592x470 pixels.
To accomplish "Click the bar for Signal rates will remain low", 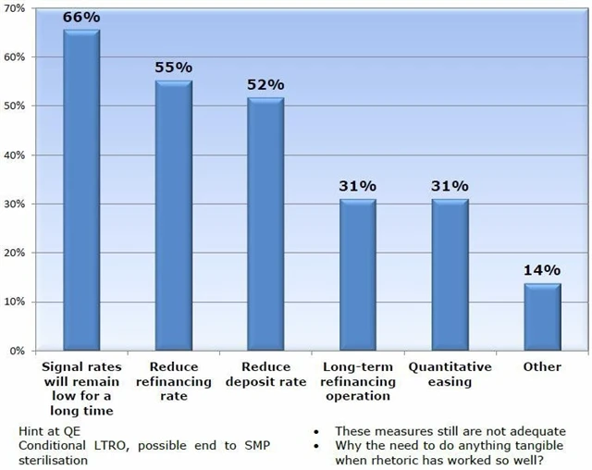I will (x=80, y=190).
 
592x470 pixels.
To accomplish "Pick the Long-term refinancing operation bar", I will (x=358, y=275).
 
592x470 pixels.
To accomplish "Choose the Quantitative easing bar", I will (x=450, y=275).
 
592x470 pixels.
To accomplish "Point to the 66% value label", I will (x=80, y=17).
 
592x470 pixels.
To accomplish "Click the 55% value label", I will (x=173, y=68).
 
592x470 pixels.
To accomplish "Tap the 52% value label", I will (x=265, y=83).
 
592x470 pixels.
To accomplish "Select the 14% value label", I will (x=542, y=270).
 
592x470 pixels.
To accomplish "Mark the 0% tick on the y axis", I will (x=18, y=351).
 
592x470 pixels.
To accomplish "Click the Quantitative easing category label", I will (x=450, y=374).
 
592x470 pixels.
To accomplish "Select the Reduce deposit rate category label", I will (x=265, y=374).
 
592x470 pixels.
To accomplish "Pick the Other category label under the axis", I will (x=542, y=367).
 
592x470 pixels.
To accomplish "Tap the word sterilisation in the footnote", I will (x=53, y=459).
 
